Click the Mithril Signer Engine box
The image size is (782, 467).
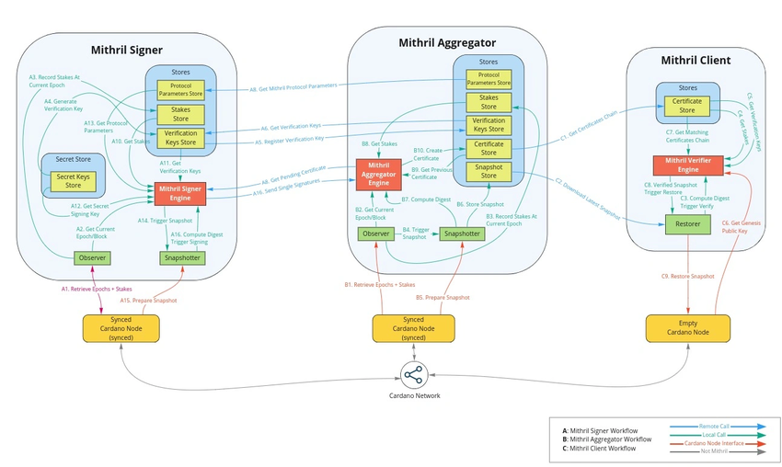click(x=180, y=193)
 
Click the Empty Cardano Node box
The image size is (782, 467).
click(x=687, y=326)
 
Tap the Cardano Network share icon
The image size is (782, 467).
click(x=413, y=374)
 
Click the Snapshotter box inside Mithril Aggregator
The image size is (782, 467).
click(x=461, y=233)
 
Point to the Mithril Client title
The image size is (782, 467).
click(x=696, y=61)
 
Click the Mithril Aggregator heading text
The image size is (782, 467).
click(x=447, y=42)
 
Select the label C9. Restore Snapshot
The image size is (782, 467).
click(x=687, y=276)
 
